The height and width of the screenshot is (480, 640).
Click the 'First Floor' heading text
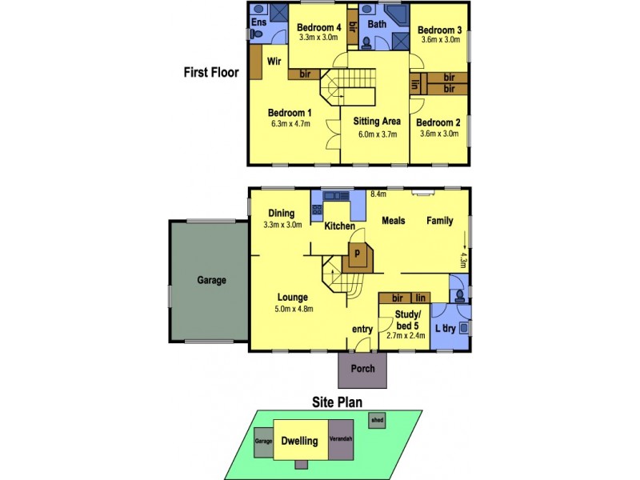tap(211, 72)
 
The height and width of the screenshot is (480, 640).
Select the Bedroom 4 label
tap(318, 26)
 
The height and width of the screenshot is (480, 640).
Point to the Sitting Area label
tap(377, 122)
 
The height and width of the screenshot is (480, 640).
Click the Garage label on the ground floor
tap(211, 281)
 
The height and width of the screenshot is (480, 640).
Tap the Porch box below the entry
tap(362, 370)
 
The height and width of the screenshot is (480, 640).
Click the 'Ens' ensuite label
tap(259, 22)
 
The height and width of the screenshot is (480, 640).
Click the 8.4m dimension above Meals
tap(378, 194)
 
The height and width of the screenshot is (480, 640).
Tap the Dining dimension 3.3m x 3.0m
tap(282, 225)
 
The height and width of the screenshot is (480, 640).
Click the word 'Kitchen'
tap(339, 226)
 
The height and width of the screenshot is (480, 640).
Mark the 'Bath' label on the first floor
tap(377, 25)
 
